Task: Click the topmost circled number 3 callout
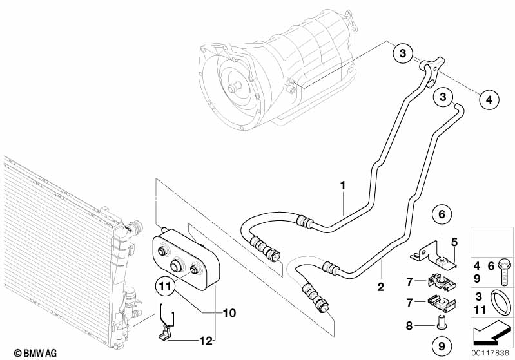point(402,54)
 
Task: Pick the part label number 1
point(344,185)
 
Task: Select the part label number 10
point(229,313)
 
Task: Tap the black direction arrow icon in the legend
point(493,332)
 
